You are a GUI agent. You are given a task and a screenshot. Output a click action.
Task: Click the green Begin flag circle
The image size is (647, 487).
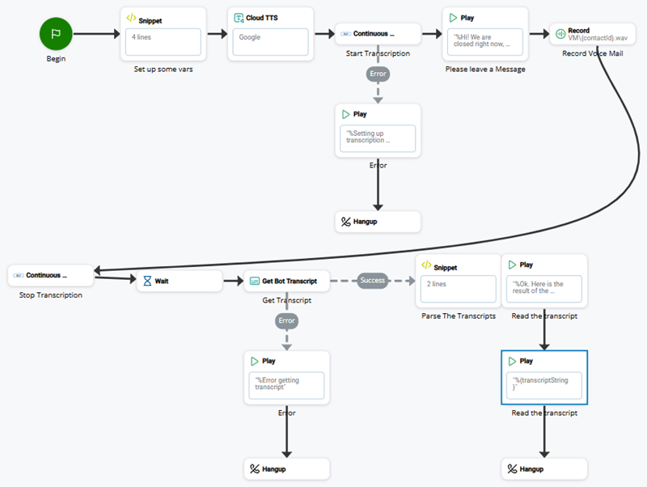coord(56,34)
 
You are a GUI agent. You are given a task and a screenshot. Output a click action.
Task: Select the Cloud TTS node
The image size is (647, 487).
coord(270,33)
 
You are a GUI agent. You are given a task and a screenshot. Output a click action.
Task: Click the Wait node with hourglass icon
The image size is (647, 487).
coord(178,281)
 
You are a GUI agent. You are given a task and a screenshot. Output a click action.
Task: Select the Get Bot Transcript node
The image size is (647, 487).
coord(286,281)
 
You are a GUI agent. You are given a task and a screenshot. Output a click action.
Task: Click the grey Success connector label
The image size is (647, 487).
coord(373,281)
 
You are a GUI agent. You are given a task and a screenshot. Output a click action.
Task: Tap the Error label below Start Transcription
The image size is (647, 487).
coord(378,74)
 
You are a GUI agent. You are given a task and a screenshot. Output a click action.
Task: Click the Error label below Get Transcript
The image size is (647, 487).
coord(286,320)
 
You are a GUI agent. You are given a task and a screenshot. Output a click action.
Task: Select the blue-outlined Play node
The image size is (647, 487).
coord(544,377)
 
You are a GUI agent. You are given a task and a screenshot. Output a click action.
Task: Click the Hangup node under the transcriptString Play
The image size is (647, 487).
coord(544,468)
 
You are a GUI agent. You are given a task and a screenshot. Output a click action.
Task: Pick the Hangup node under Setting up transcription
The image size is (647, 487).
coord(378,221)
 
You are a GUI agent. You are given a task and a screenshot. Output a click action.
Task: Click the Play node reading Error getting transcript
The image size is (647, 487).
coord(286,377)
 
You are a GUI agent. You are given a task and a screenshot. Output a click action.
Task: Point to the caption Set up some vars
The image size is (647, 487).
coord(163,70)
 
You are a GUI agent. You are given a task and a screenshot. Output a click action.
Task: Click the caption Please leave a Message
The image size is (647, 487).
coord(485,70)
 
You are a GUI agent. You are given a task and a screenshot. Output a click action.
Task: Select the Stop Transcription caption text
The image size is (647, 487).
coord(50,295)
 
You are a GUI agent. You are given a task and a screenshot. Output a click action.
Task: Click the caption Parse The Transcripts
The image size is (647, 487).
coord(458,316)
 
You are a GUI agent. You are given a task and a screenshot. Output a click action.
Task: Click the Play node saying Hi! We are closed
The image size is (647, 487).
coord(485,33)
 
